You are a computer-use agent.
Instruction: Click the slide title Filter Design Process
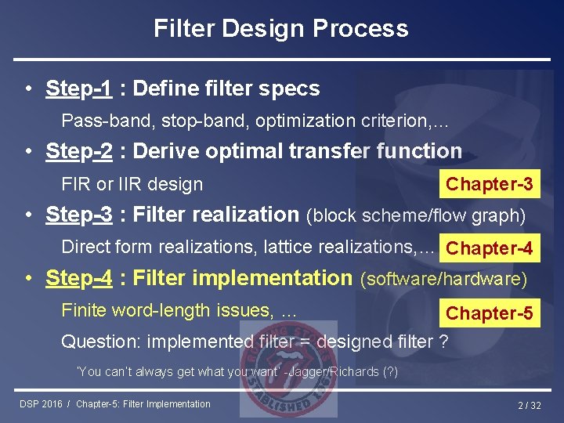tap(280, 29)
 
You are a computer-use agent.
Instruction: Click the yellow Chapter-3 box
tap(489, 184)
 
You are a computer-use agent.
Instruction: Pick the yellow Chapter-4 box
tap(489, 248)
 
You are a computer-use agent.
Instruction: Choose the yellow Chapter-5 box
tap(489, 313)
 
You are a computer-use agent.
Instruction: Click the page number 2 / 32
tap(531, 405)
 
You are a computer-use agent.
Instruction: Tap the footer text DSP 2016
tap(42, 404)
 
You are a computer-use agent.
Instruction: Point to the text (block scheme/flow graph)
tap(416, 215)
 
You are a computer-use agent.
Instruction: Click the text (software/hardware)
tap(443, 278)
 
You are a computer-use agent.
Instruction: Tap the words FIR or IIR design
tap(132, 184)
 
